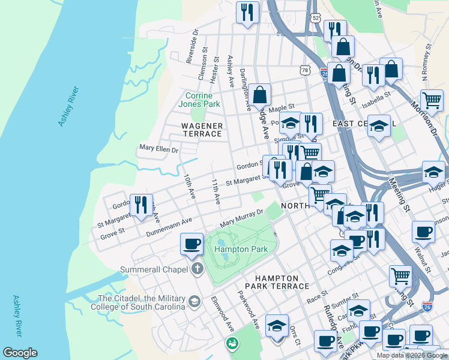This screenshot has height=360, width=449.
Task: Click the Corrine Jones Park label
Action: (203, 100)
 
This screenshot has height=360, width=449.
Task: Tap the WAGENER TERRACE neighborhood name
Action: (203, 130)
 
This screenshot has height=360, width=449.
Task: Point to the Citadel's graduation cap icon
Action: (194, 301)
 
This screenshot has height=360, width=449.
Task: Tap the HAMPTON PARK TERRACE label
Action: (276, 282)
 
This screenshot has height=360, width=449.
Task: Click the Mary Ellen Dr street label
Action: (158, 147)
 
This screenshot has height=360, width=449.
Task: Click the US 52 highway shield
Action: (315, 19)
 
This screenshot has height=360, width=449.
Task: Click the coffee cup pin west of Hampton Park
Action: (192, 244)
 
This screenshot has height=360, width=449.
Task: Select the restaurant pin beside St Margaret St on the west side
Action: (141, 205)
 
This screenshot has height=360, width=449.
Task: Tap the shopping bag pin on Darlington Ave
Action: (261, 94)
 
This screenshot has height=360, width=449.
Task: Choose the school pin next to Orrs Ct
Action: (277, 326)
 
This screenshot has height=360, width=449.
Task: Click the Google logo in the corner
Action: (20, 353)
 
